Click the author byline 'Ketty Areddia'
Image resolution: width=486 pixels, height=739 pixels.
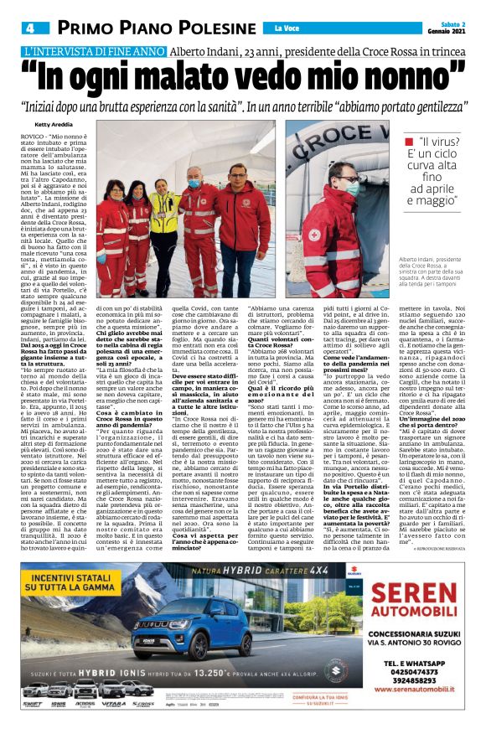click(56, 125)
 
